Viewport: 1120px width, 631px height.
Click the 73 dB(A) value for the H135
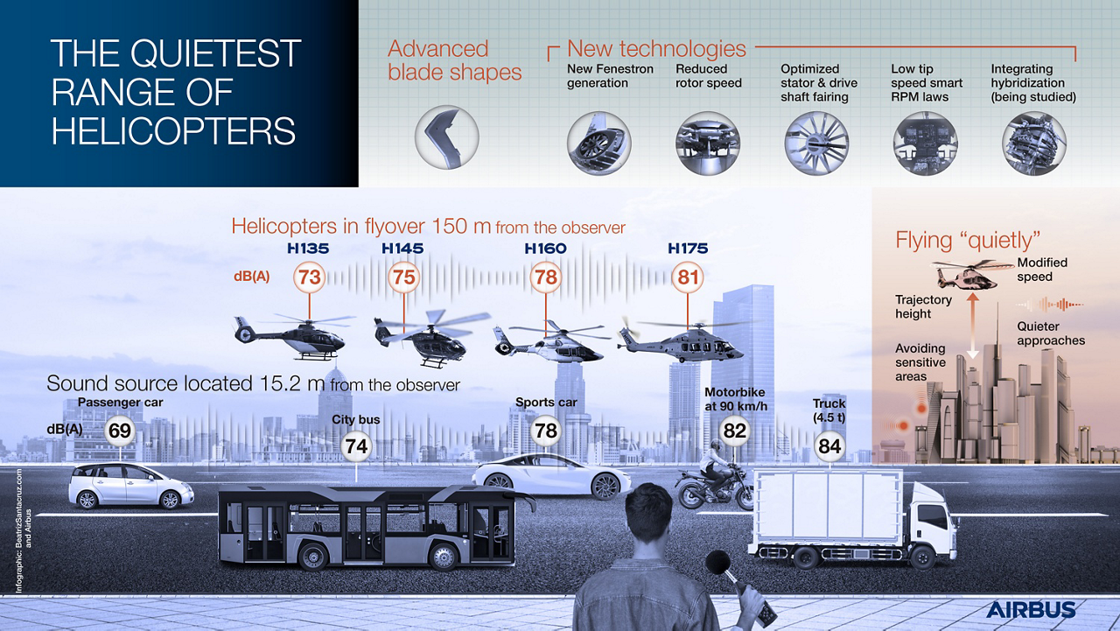click(x=311, y=278)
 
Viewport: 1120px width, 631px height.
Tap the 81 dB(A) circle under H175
click(x=688, y=278)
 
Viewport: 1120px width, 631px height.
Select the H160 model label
click(x=545, y=249)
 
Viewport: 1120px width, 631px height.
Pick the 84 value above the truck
click(x=829, y=446)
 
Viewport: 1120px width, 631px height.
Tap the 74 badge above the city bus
click(x=356, y=446)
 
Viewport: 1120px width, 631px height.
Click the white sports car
click(x=551, y=478)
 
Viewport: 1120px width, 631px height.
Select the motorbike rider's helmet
click(x=716, y=447)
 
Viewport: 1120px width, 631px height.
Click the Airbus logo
click(x=1031, y=609)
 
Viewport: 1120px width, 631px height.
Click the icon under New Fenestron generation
click(x=598, y=143)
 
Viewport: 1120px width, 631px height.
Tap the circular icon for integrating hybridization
click(x=1033, y=144)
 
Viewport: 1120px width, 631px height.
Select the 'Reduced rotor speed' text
click(x=709, y=76)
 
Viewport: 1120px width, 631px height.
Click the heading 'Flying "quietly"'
click(x=962, y=240)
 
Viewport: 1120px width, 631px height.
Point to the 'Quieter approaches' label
click(x=1051, y=333)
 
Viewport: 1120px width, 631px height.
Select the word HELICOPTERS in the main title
click(x=173, y=130)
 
